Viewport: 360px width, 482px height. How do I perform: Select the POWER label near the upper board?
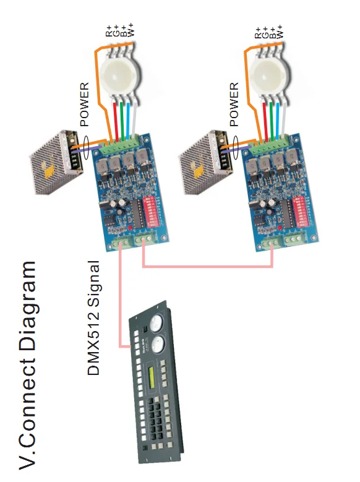coord(84,104)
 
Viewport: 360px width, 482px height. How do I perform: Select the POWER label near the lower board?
coord(234,104)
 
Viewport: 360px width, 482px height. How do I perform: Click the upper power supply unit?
coord(56,161)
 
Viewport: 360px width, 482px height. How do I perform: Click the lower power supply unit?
coord(205,161)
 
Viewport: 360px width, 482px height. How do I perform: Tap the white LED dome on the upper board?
coord(121,75)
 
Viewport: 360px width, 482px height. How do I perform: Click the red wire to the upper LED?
coord(116,121)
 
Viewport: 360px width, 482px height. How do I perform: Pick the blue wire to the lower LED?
coord(278,121)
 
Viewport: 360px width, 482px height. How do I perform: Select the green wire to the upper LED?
coord(122,121)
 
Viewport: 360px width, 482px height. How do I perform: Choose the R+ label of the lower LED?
coord(258,32)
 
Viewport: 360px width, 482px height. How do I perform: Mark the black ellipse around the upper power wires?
coord(86,147)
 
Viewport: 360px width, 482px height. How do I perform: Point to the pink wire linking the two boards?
coord(207,265)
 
